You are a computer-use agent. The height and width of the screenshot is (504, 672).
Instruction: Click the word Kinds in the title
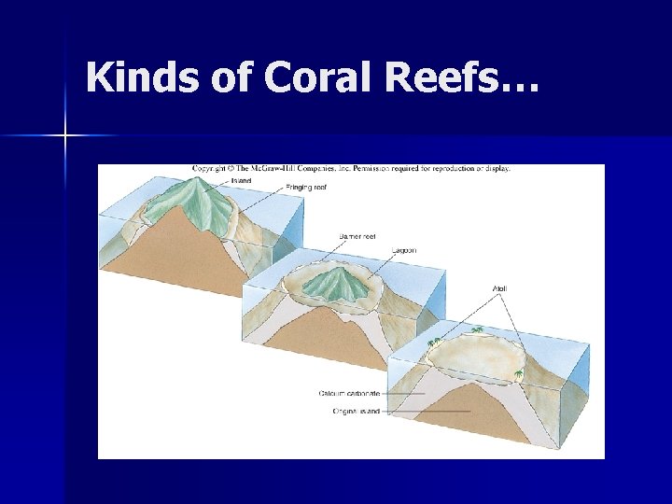point(141,78)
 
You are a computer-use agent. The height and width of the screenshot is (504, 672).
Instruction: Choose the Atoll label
point(500,287)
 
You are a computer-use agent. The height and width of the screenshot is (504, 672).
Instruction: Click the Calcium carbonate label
point(349,393)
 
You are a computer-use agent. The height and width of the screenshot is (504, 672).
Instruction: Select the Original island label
point(356,411)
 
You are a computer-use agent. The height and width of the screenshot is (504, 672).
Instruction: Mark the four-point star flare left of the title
point(65,136)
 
